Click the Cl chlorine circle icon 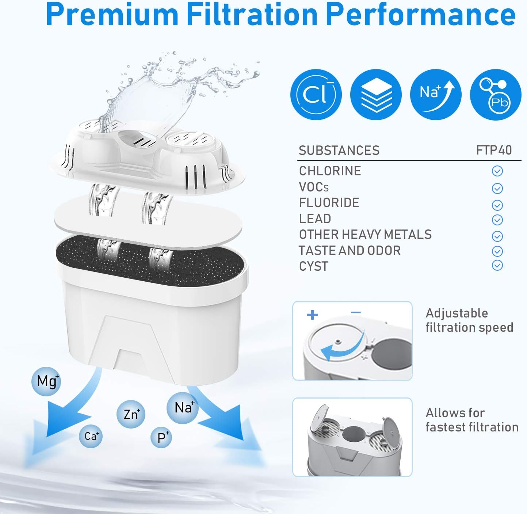point(316,94)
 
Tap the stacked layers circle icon point(375,94)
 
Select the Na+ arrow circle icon point(435,94)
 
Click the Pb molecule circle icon point(495,94)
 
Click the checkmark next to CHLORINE point(497,171)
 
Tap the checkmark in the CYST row point(497,265)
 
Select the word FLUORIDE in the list point(329,203)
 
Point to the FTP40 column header point(494,150)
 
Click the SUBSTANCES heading point(339,151)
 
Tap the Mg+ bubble point(46,381)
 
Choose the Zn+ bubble point(131,414)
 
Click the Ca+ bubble point(91,436)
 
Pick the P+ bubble point(161,437)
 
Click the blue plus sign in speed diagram point(312,315)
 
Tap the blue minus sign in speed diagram point(356,312)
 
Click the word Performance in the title point(420,15)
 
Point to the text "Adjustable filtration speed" point(469,320)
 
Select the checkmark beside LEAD point(497,220)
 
